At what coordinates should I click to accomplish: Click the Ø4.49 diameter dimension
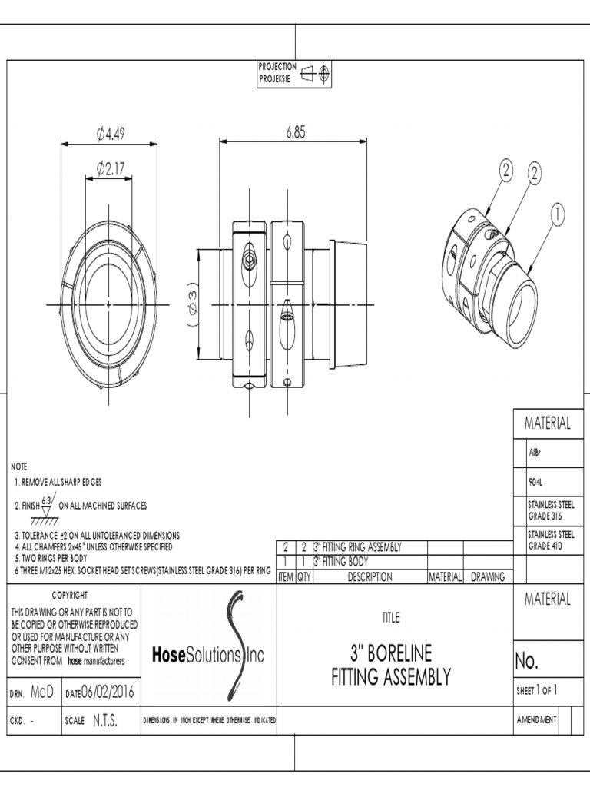click(x=111, y=134)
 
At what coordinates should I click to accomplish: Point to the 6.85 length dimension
click(x=296, y=132)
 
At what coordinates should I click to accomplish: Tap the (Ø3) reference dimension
click(x=192, y=307)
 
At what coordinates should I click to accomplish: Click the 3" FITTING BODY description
click(x=341, y=561)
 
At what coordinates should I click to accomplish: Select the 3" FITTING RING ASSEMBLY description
click(x=358, y=547)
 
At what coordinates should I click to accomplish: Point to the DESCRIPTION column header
click(x=370, y=576)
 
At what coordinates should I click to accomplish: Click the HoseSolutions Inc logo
click(x=208, y=654)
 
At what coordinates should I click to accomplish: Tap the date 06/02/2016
click(x=108, y=693)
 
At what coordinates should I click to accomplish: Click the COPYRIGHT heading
click(x=70, y=595)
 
